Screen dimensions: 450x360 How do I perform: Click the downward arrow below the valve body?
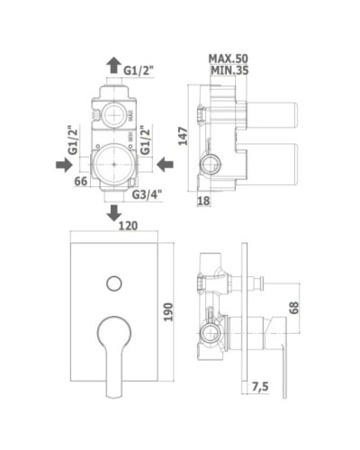(x=113, y=212)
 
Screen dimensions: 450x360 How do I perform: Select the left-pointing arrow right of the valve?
(x=163, y=164)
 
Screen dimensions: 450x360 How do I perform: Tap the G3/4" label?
(x=147, y=193)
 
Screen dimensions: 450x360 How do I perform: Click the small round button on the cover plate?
(x=113, y=284)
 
